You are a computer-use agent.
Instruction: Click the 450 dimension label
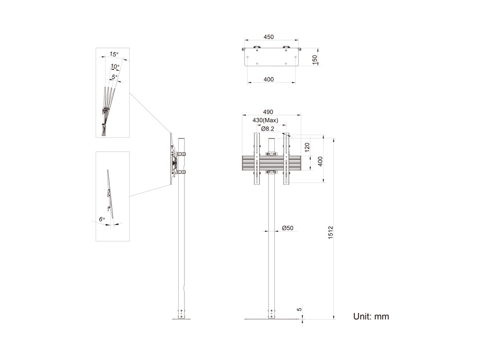point(268,37)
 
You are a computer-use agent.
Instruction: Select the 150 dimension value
point(315,60)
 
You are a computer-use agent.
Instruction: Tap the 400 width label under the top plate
point(268,80)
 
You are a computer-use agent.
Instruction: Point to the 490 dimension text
point(268,112)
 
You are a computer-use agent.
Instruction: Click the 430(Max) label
point(265,120)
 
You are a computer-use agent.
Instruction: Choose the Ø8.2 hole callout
point(268,129)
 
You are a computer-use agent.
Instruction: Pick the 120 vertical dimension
point(308,147)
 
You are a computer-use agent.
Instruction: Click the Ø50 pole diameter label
point(288,228)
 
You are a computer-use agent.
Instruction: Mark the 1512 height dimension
point(331,232)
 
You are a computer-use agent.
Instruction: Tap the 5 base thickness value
point(300,309)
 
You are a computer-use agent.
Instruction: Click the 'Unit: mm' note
point(371,316)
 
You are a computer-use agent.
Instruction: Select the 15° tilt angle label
point(114,54)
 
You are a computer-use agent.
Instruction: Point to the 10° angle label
point(115,66)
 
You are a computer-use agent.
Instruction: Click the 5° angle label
point(115,77)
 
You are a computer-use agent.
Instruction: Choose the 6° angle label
point(102,219)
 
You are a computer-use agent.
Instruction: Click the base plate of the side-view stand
point(181,319)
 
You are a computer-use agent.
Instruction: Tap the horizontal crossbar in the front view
point(272,163)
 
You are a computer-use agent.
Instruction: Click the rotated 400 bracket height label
point(320,161)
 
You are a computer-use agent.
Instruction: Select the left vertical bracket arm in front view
point(256,159)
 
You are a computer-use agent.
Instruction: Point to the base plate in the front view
point(271,319)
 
